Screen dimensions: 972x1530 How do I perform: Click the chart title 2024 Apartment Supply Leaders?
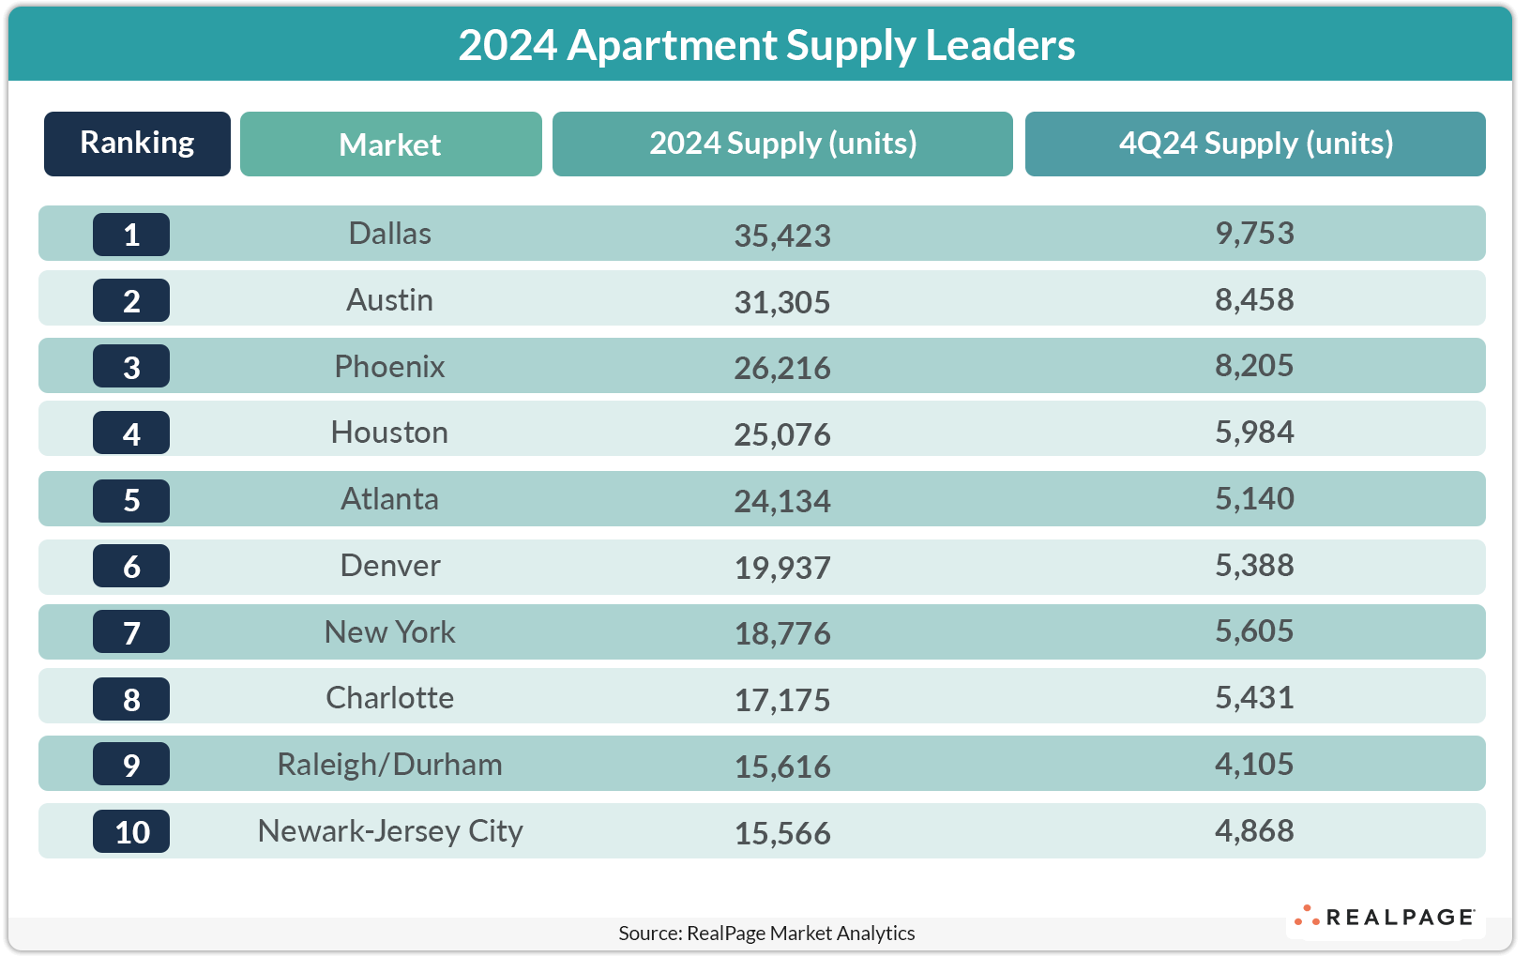tap(765, 45)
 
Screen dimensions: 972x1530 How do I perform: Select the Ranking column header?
tap(137, 144)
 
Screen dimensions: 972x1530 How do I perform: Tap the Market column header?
tap(390, 144)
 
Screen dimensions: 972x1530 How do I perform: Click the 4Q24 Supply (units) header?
tap(1255, 144)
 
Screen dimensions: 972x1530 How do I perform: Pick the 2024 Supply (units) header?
tap(782, 144)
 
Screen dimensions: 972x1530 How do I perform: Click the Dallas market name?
tap(389, 234)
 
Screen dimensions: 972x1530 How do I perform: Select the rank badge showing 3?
tap(131, 367)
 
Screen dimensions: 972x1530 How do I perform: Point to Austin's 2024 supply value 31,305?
tap(781, 302)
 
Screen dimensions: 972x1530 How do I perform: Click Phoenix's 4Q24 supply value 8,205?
tap(1254, 366)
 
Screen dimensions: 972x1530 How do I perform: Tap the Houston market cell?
tap(389, 433)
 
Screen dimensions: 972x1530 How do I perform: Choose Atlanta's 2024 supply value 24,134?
tap(781, 501)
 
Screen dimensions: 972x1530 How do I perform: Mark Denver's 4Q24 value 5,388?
tap(1254, 566)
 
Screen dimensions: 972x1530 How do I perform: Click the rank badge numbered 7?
tap(131, 632)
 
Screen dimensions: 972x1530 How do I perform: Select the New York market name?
tap(389, 632)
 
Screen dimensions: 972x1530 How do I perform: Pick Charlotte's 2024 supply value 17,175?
tap(781, 700)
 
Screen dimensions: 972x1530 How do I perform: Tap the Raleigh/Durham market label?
tap(389, 765)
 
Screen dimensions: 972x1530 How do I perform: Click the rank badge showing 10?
tap(131, 832)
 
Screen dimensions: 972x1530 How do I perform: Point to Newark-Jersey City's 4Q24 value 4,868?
tap(1254, 831)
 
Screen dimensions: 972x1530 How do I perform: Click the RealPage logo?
tap(1386, 917)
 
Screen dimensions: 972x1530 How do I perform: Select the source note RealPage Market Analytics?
tap(766, 933)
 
